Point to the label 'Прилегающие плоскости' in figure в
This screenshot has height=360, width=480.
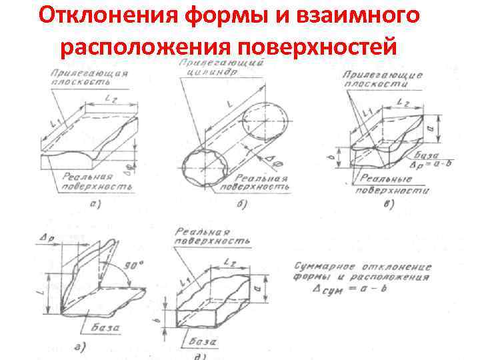coord(382,81)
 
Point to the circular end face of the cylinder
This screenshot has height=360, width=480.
coord(265,124)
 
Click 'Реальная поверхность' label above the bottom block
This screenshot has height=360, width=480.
coord(213,235)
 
